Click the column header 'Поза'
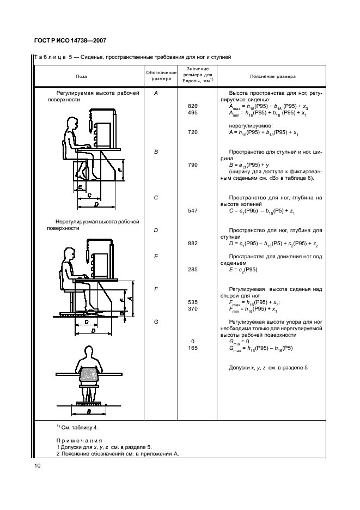81,77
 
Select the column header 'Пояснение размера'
273,77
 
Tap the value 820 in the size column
192,106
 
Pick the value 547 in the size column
192,211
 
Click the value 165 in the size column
192,348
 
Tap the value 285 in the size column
192,269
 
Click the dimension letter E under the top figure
80,187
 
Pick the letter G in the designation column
156,321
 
